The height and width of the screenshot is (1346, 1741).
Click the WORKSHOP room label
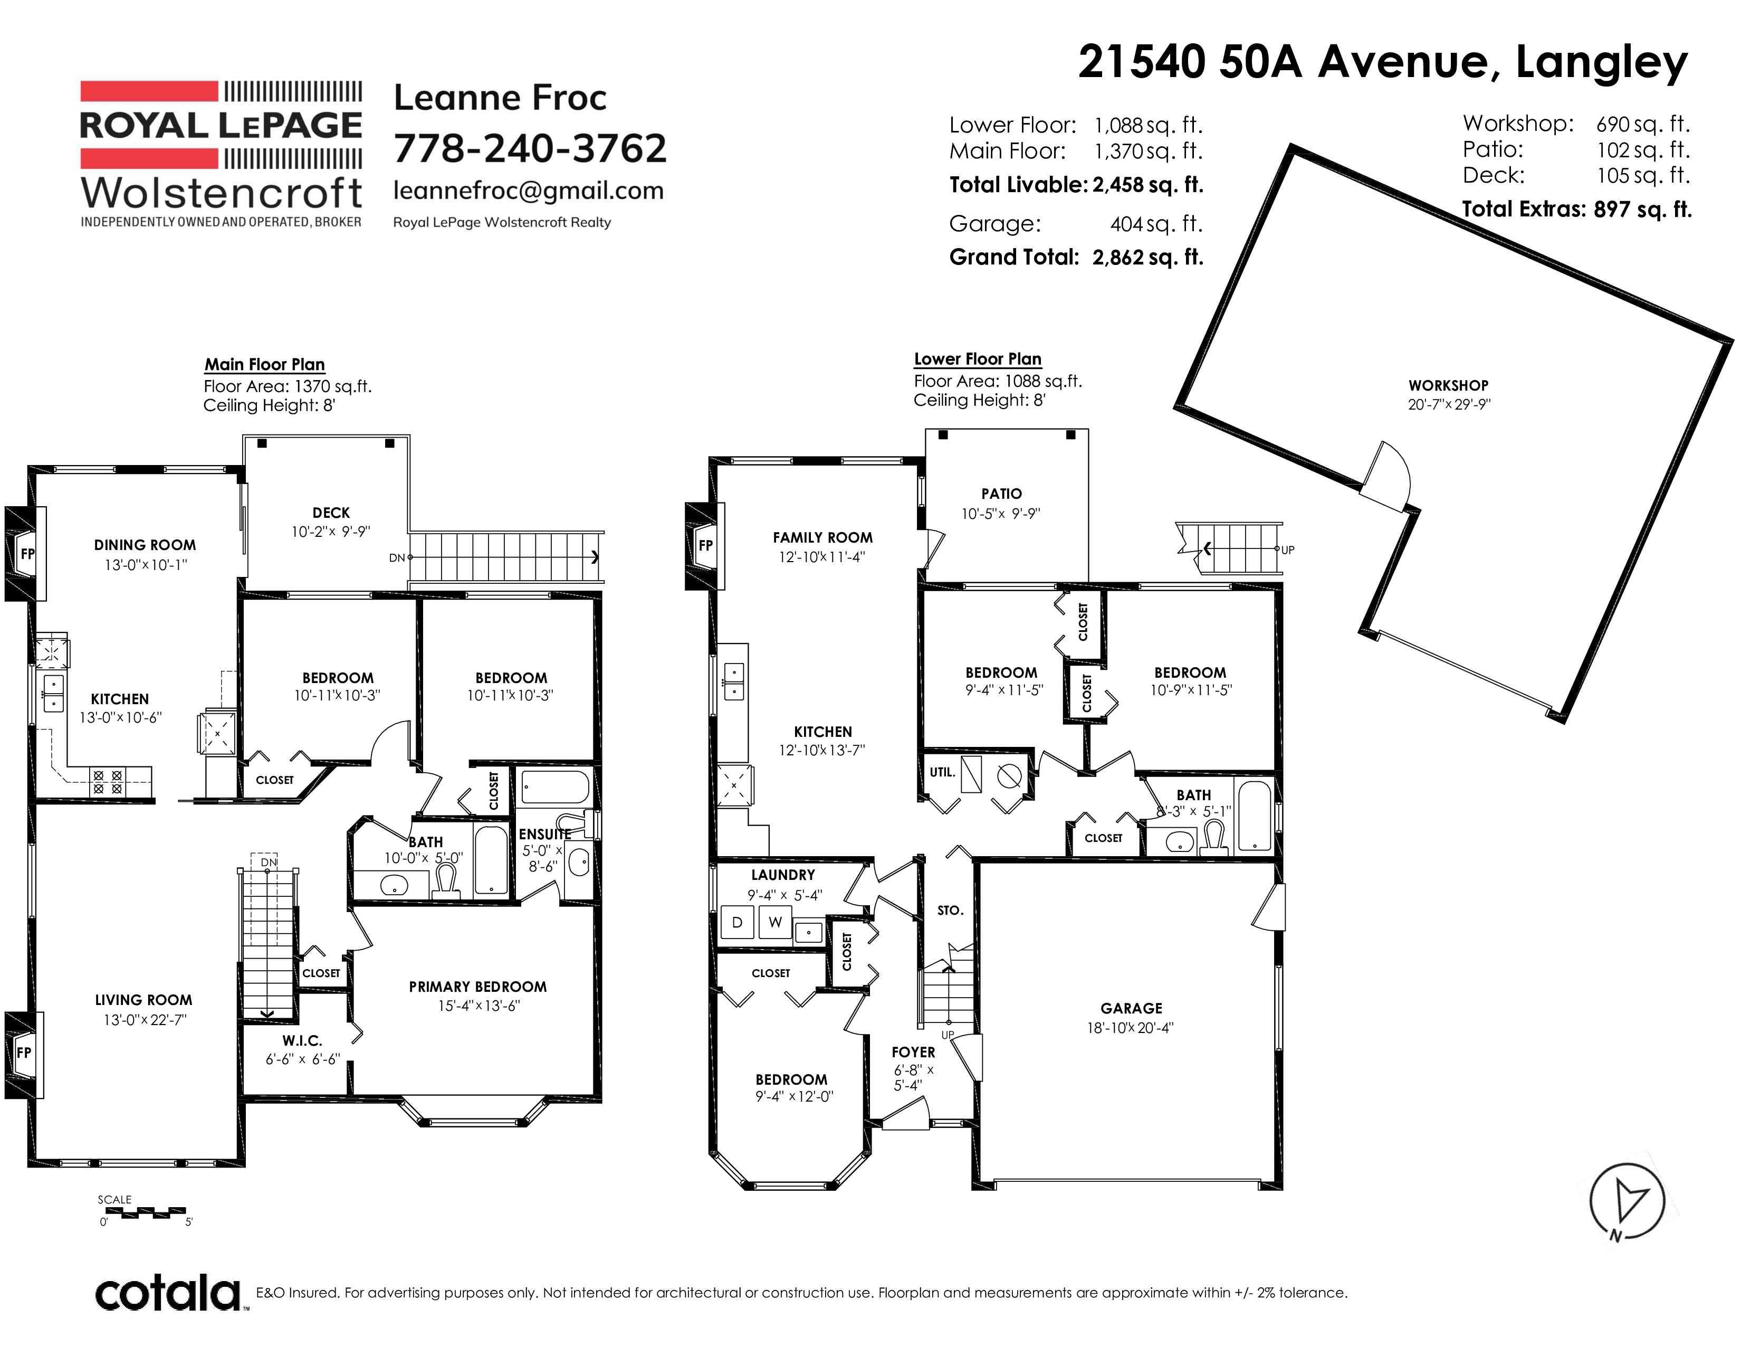[1448, 385]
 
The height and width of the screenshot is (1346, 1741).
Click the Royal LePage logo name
[221, 125]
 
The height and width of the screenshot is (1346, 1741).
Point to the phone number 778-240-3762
[530, 148]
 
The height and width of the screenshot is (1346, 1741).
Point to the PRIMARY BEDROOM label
[477, 987]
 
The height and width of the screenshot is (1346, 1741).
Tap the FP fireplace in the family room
[705, 545]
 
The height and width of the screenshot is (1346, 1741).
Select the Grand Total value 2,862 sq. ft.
[1148, 257]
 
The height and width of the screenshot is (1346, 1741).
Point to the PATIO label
[1001, 494]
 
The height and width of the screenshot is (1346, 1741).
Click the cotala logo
[169, 1293]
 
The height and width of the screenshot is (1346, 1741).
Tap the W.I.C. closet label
[302, 1040]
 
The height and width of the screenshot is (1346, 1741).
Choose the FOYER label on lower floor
[913, 1053]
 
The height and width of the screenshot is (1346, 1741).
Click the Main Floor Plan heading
[265, 364]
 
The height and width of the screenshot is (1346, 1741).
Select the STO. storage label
[950, 911]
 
